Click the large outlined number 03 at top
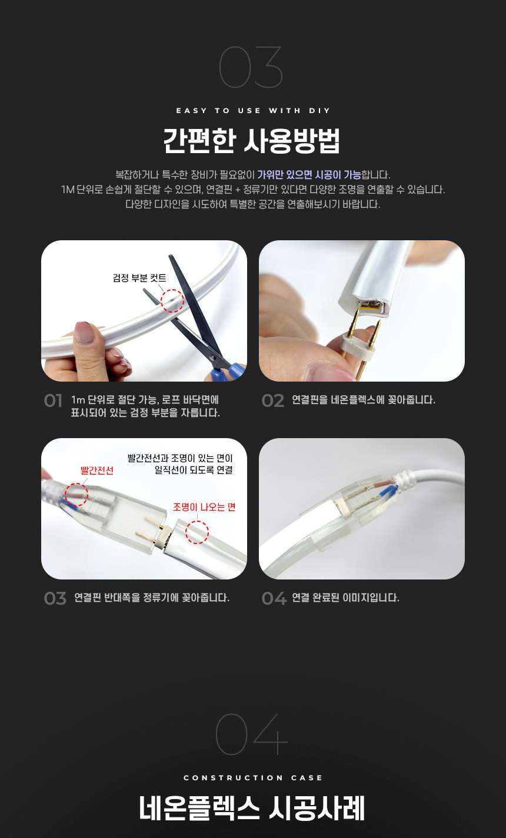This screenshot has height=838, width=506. click(x=251, y=67)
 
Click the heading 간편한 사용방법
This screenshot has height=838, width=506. click(x=251, y=141)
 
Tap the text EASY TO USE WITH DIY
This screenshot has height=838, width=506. click(x=253, y=111)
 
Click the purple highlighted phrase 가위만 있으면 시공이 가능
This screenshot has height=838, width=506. click(x=309, y=175)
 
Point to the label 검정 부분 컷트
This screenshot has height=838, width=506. click(x=139, y=278)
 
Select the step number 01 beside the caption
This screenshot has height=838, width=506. click(x=53, y=400)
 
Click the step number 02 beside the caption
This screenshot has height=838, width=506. click(x=273, y=400)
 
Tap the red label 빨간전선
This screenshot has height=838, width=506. click(x=97, y=471)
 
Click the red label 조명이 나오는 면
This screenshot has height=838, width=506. click(x=204, y=507)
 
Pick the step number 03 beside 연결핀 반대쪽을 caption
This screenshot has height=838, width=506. click(x=55, y=598)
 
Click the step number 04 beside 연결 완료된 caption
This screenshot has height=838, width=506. click(x=274, y=598)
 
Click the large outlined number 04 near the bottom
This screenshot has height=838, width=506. click(x=251, y=734)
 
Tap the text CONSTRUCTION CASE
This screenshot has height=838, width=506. click(x=253, y=778)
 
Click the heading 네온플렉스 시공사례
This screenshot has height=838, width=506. click(x=252, y=808)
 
